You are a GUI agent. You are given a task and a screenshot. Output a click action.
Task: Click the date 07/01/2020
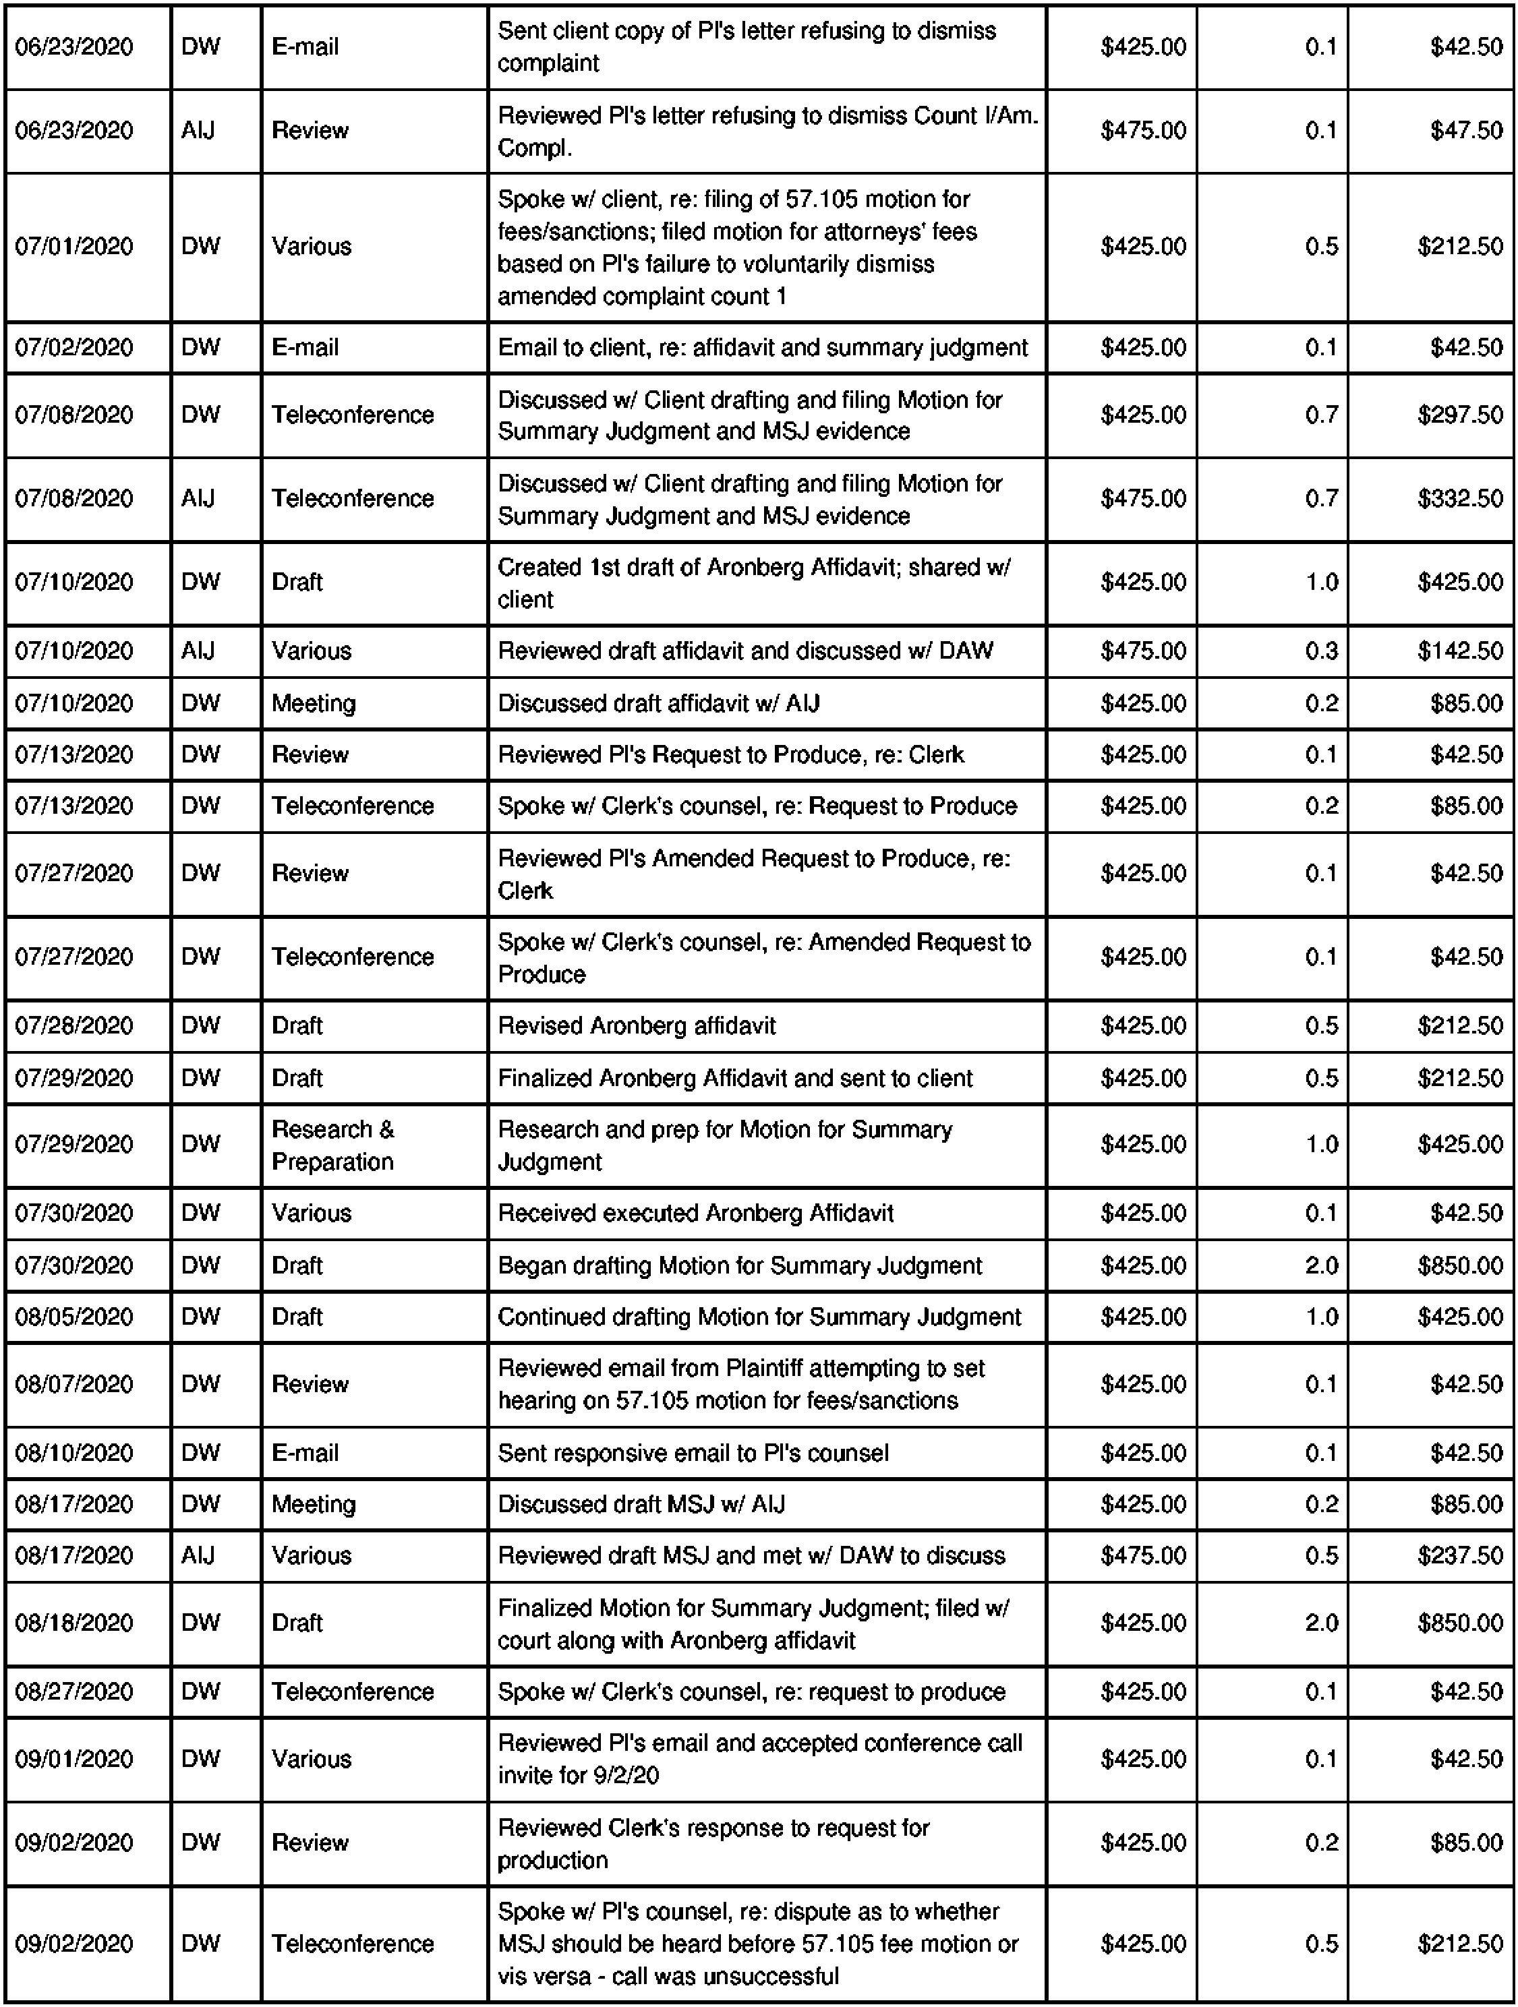74,247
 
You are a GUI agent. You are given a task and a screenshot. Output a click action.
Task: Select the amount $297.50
1460,415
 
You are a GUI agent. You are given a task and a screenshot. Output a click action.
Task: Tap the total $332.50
1460,498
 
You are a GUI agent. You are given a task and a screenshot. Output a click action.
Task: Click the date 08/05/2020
74,1317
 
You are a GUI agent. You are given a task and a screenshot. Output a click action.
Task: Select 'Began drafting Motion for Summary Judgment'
740,1265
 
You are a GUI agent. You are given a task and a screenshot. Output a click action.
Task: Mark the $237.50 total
1460,1555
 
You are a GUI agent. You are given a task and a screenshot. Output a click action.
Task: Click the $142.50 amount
1460,651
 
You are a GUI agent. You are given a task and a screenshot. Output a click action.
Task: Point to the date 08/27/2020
74,1691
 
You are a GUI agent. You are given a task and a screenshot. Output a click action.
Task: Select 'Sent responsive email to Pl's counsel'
693,1453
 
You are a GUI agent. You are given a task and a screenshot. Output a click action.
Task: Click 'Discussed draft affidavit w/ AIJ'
658,703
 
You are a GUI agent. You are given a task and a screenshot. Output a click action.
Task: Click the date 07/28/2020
74,1026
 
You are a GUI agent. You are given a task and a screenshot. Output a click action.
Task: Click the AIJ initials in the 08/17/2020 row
198,1555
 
